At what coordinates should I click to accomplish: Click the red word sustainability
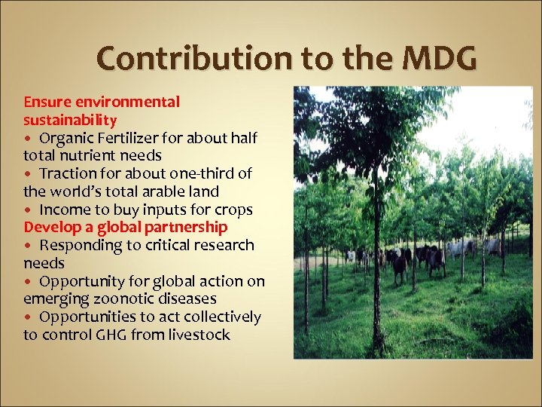pos(70,120)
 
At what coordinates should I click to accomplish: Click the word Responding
pos(79,246)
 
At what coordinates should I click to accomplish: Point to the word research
pos(224,246)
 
